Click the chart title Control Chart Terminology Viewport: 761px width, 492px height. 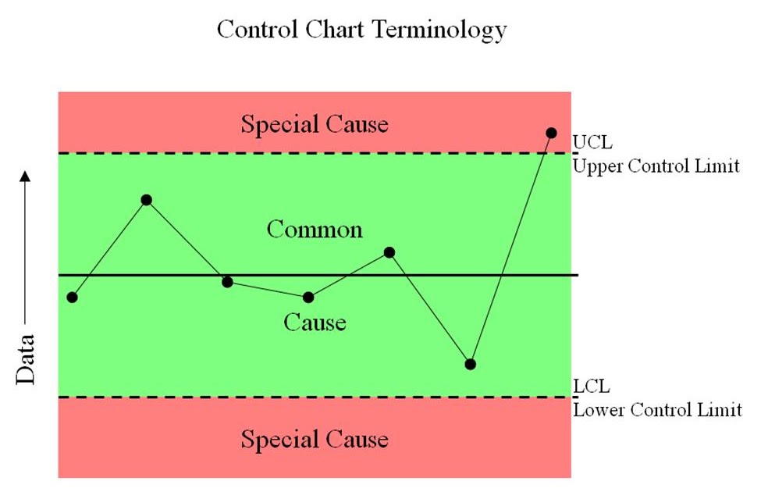click(361, 30)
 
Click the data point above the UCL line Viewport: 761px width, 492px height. click(551, 133)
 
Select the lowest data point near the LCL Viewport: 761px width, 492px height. click(470, 364)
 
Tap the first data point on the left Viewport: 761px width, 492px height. click(73, 297)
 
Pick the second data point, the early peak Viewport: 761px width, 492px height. click(146, 200)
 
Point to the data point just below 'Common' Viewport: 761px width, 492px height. click(389, 252)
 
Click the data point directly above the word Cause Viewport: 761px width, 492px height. click(308, 297)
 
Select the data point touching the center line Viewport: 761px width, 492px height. click(227, 281)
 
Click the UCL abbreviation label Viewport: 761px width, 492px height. click(592, 143)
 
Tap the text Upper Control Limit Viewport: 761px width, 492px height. click(656, 166)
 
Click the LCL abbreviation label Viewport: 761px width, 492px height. click(592, 387)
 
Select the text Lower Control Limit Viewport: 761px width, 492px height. click(657, 409)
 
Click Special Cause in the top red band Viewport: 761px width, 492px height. click(314, 124)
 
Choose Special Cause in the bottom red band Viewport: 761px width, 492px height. click(314, 439)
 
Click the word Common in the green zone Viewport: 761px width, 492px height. click(315, 230)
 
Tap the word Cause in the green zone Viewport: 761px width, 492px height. click(315, 322)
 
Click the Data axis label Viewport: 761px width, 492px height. click(27, 360)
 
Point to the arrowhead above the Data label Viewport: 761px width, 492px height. click(26, 175)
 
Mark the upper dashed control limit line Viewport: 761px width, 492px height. click(312, 153)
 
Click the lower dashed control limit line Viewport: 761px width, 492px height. click(312, 398)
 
